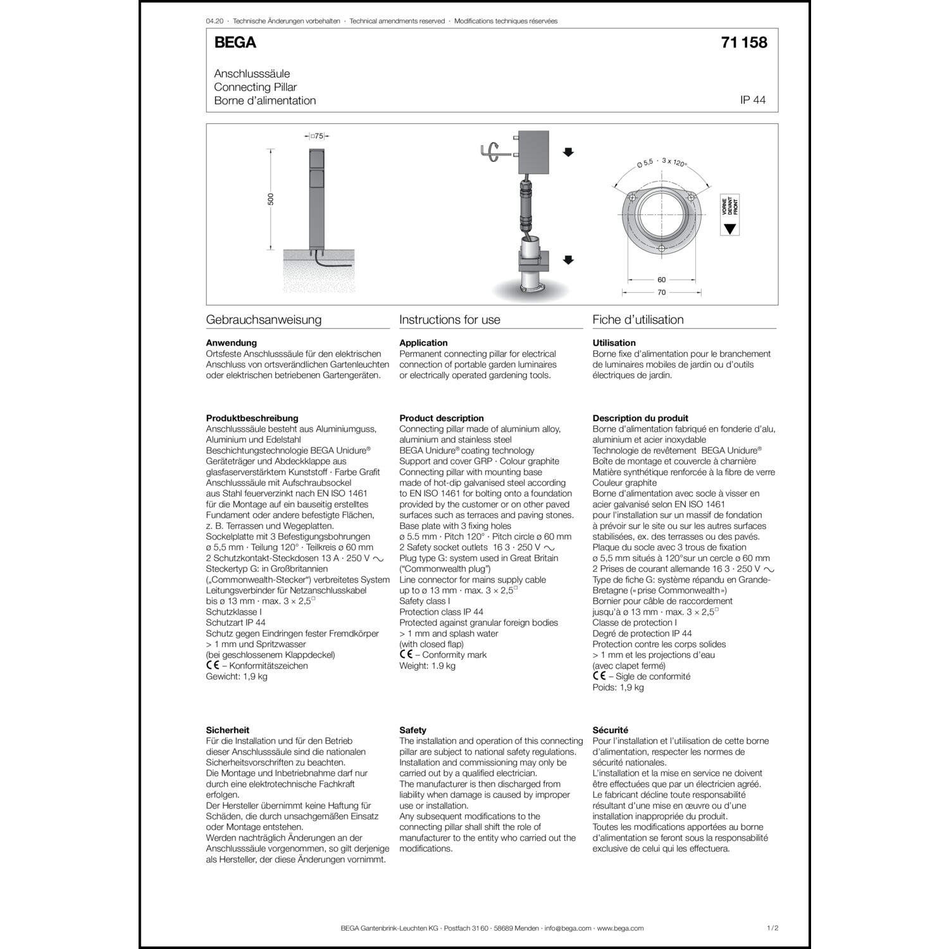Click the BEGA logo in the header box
tap(235, 43)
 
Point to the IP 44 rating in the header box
tap(752, 101)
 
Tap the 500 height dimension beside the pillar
tap(271, 199)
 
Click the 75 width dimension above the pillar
tap(318, 136)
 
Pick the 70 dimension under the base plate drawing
tap(662, 292)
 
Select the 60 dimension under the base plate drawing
tap(662, 280)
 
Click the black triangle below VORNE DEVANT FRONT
tap(730, 229)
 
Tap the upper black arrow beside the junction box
tap(568, 152)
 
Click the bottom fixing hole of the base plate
tap(662, 249)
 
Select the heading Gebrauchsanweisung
tap(264, 319)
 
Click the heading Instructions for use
tap(450, 319)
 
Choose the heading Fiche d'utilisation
tap(638, 319)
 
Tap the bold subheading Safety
tap(412, 730)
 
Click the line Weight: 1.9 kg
tap(427, 666)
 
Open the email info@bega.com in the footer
tap(568, 928)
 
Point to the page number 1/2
tap(772, 928)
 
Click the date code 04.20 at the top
tap(214, 21)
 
